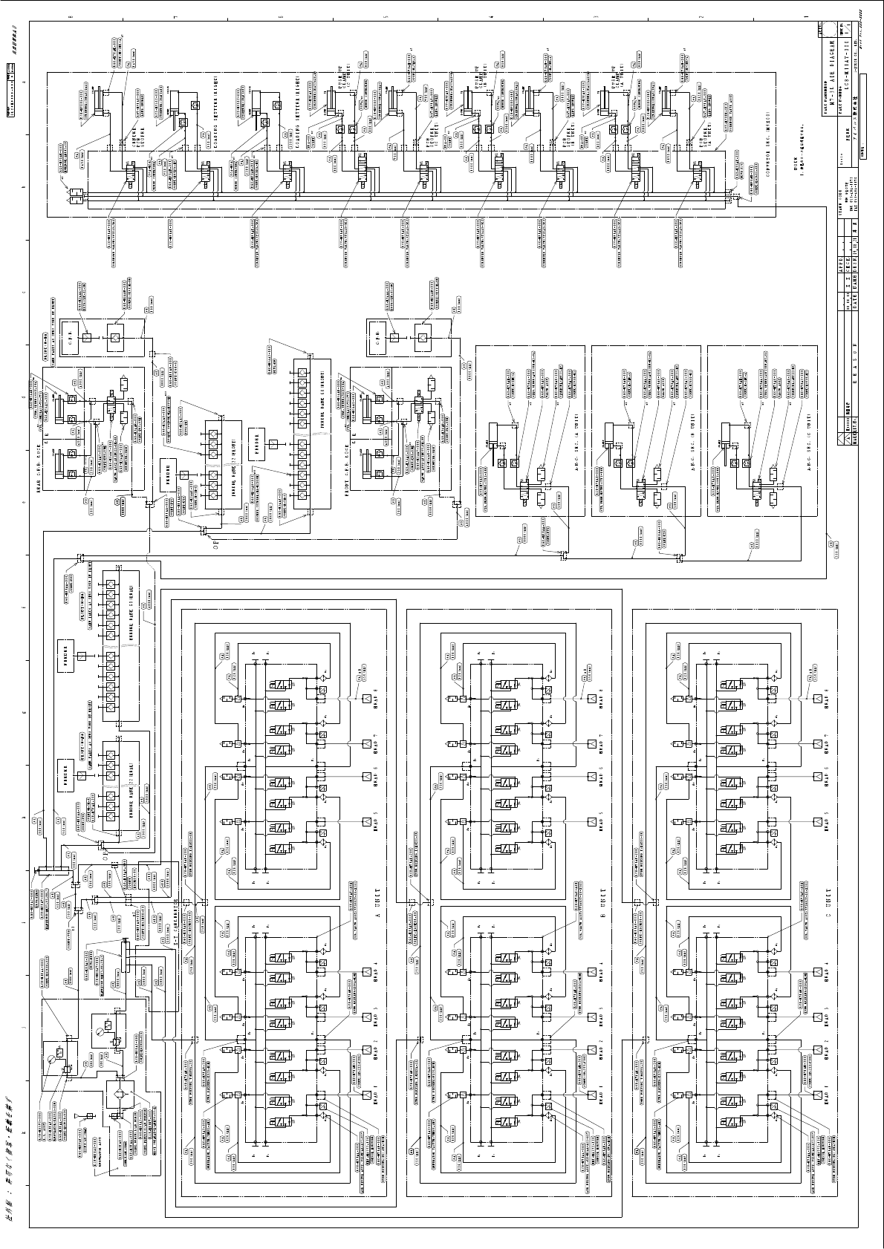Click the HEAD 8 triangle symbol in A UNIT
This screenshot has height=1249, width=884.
[x=366, y=699]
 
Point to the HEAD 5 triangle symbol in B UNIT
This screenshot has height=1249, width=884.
[x=592, y=822]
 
